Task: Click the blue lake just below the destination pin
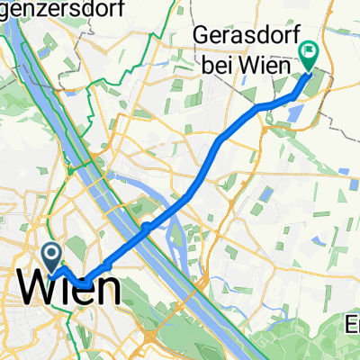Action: pos(295,110)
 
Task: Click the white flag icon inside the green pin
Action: pos(309,53)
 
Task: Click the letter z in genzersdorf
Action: pos(35,8)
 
